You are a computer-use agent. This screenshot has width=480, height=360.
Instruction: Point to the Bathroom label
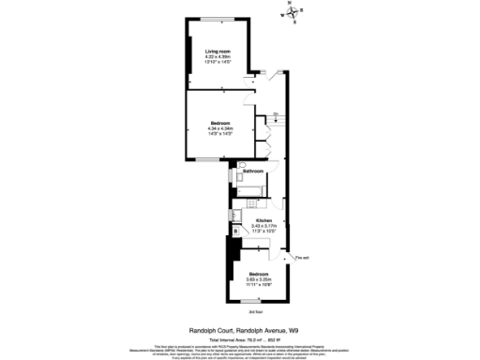point(253,172)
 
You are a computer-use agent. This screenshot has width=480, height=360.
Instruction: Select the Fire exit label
point(301,257)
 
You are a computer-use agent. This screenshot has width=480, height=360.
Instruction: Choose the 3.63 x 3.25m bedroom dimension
point(258,278)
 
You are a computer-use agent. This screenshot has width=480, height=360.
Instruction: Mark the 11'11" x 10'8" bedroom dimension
point(258,284)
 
